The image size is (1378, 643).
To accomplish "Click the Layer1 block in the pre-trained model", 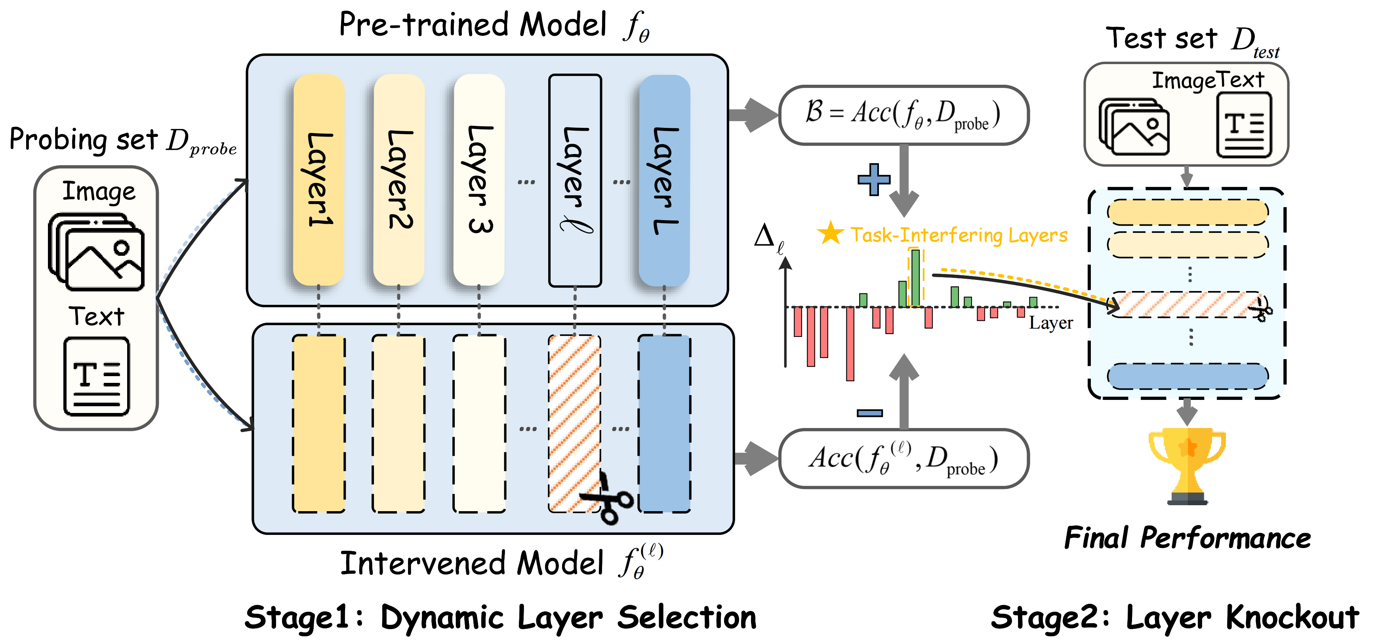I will pos(319,180).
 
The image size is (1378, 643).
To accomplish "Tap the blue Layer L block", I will pos(664,180).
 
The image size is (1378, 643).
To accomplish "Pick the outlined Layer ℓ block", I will pos(575,180).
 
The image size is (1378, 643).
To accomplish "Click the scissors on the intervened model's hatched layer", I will pos(608,498).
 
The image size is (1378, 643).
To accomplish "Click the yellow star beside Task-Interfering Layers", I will pos(830,233).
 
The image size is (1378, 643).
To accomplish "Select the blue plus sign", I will pos(873,179).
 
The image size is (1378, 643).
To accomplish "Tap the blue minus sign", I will pos(869,413).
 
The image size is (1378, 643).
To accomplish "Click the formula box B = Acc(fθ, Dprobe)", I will pos(903,115).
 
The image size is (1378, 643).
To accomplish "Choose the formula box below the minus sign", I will pos(903,458).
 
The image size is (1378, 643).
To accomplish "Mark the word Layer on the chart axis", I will pos(1050,323).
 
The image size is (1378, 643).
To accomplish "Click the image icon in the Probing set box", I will pos(97,251).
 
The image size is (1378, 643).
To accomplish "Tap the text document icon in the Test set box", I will pos(1244,125).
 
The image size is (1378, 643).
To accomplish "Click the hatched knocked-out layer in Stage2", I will pos(1187,304).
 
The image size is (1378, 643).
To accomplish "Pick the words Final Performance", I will pos(1187,538).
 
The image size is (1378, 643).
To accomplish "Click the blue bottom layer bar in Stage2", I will pos(1187,376).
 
